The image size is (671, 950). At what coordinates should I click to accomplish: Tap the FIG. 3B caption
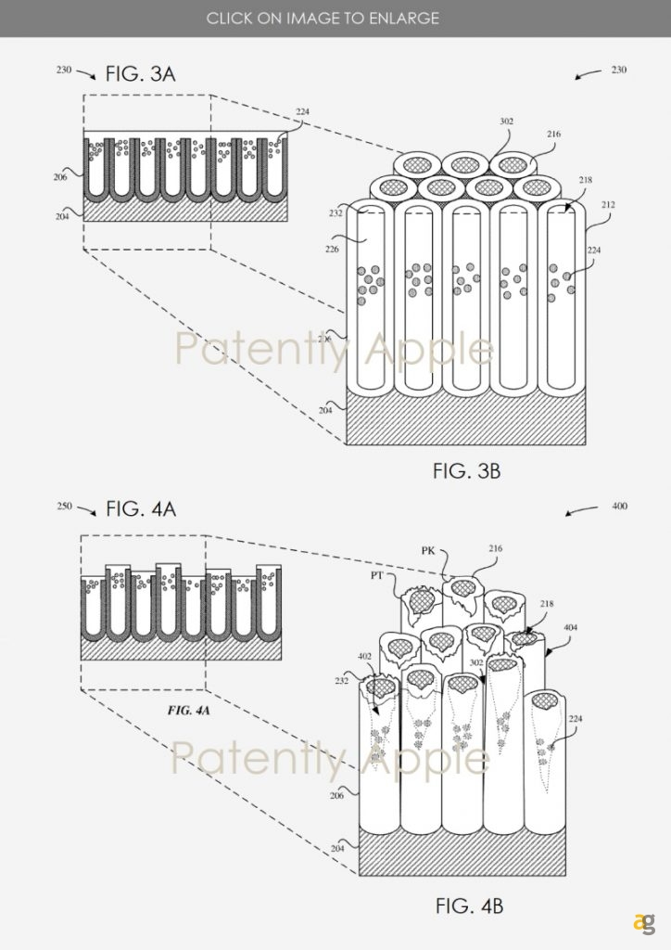pos(466,471)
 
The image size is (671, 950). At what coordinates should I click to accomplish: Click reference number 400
pos(619,507)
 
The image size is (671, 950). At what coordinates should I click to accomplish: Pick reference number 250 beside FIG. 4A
pos(63,507)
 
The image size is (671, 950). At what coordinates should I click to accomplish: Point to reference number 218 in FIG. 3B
pos(585,181)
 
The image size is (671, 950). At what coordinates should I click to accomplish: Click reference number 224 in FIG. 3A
pos(303,112)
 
